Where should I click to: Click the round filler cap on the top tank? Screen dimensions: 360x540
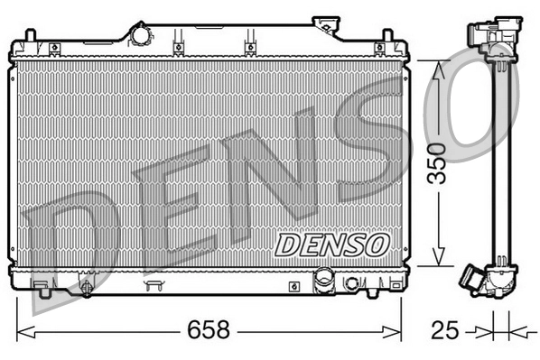[141, 35]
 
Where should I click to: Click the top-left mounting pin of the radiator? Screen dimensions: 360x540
[32, 37]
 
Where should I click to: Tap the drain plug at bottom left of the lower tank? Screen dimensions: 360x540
[86, 289]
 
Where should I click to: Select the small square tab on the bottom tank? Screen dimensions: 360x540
[294, 285]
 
